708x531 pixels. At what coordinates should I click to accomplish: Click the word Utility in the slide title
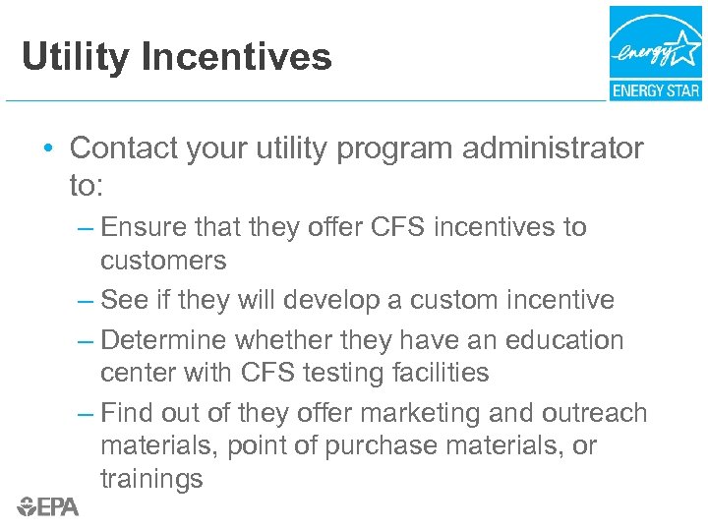76,57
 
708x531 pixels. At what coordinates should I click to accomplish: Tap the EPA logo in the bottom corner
47,506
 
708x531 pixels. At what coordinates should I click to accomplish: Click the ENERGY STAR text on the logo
655,90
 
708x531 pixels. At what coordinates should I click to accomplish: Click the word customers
163,261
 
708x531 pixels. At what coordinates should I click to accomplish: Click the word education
564,340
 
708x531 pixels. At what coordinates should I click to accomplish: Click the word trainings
151,479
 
